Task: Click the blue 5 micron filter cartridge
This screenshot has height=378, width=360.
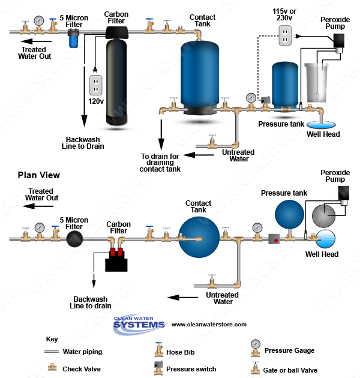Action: (74, 38)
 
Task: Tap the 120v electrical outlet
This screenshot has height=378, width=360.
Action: (96, 85)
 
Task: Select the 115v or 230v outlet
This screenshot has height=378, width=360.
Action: (285, 35)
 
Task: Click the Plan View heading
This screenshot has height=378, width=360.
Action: (39, 175)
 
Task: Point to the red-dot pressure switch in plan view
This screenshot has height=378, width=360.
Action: (274, 239)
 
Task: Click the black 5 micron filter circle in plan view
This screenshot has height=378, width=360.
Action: (74, 239)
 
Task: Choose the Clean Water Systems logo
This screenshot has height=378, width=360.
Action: (139, 324)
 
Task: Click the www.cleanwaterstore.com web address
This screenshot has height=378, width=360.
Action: (209, 325)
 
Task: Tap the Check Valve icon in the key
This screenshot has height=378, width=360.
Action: (52, 367)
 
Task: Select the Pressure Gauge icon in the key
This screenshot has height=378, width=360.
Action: (256, 348)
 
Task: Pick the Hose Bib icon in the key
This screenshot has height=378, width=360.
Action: (158, 349)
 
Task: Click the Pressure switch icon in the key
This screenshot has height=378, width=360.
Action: (158, 368)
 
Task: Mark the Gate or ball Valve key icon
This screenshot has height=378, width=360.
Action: (256, 368)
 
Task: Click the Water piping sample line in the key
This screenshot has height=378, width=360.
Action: (52, 352)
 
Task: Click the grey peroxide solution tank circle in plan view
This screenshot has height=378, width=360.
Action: (324, 216)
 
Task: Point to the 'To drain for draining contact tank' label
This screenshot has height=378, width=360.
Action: (160, 163)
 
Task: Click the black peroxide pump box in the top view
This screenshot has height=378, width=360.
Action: (338, 41)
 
